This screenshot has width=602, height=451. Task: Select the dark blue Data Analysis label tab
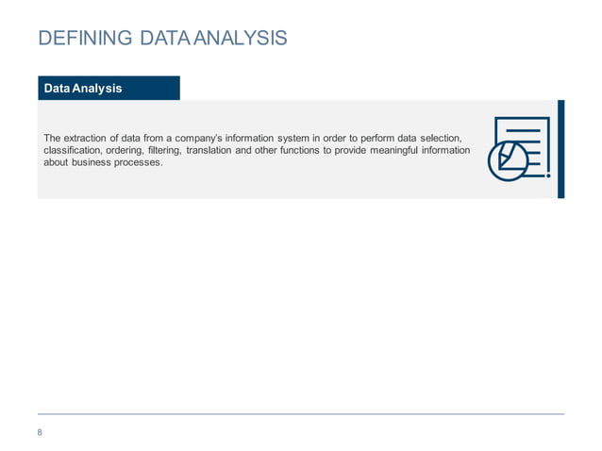click(x=108, y=88)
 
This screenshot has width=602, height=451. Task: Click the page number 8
click(x=40, y=432)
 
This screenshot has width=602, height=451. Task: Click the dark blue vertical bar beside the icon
click(x=560, y=148)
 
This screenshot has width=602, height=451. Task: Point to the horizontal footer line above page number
click(x=301, y=414)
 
